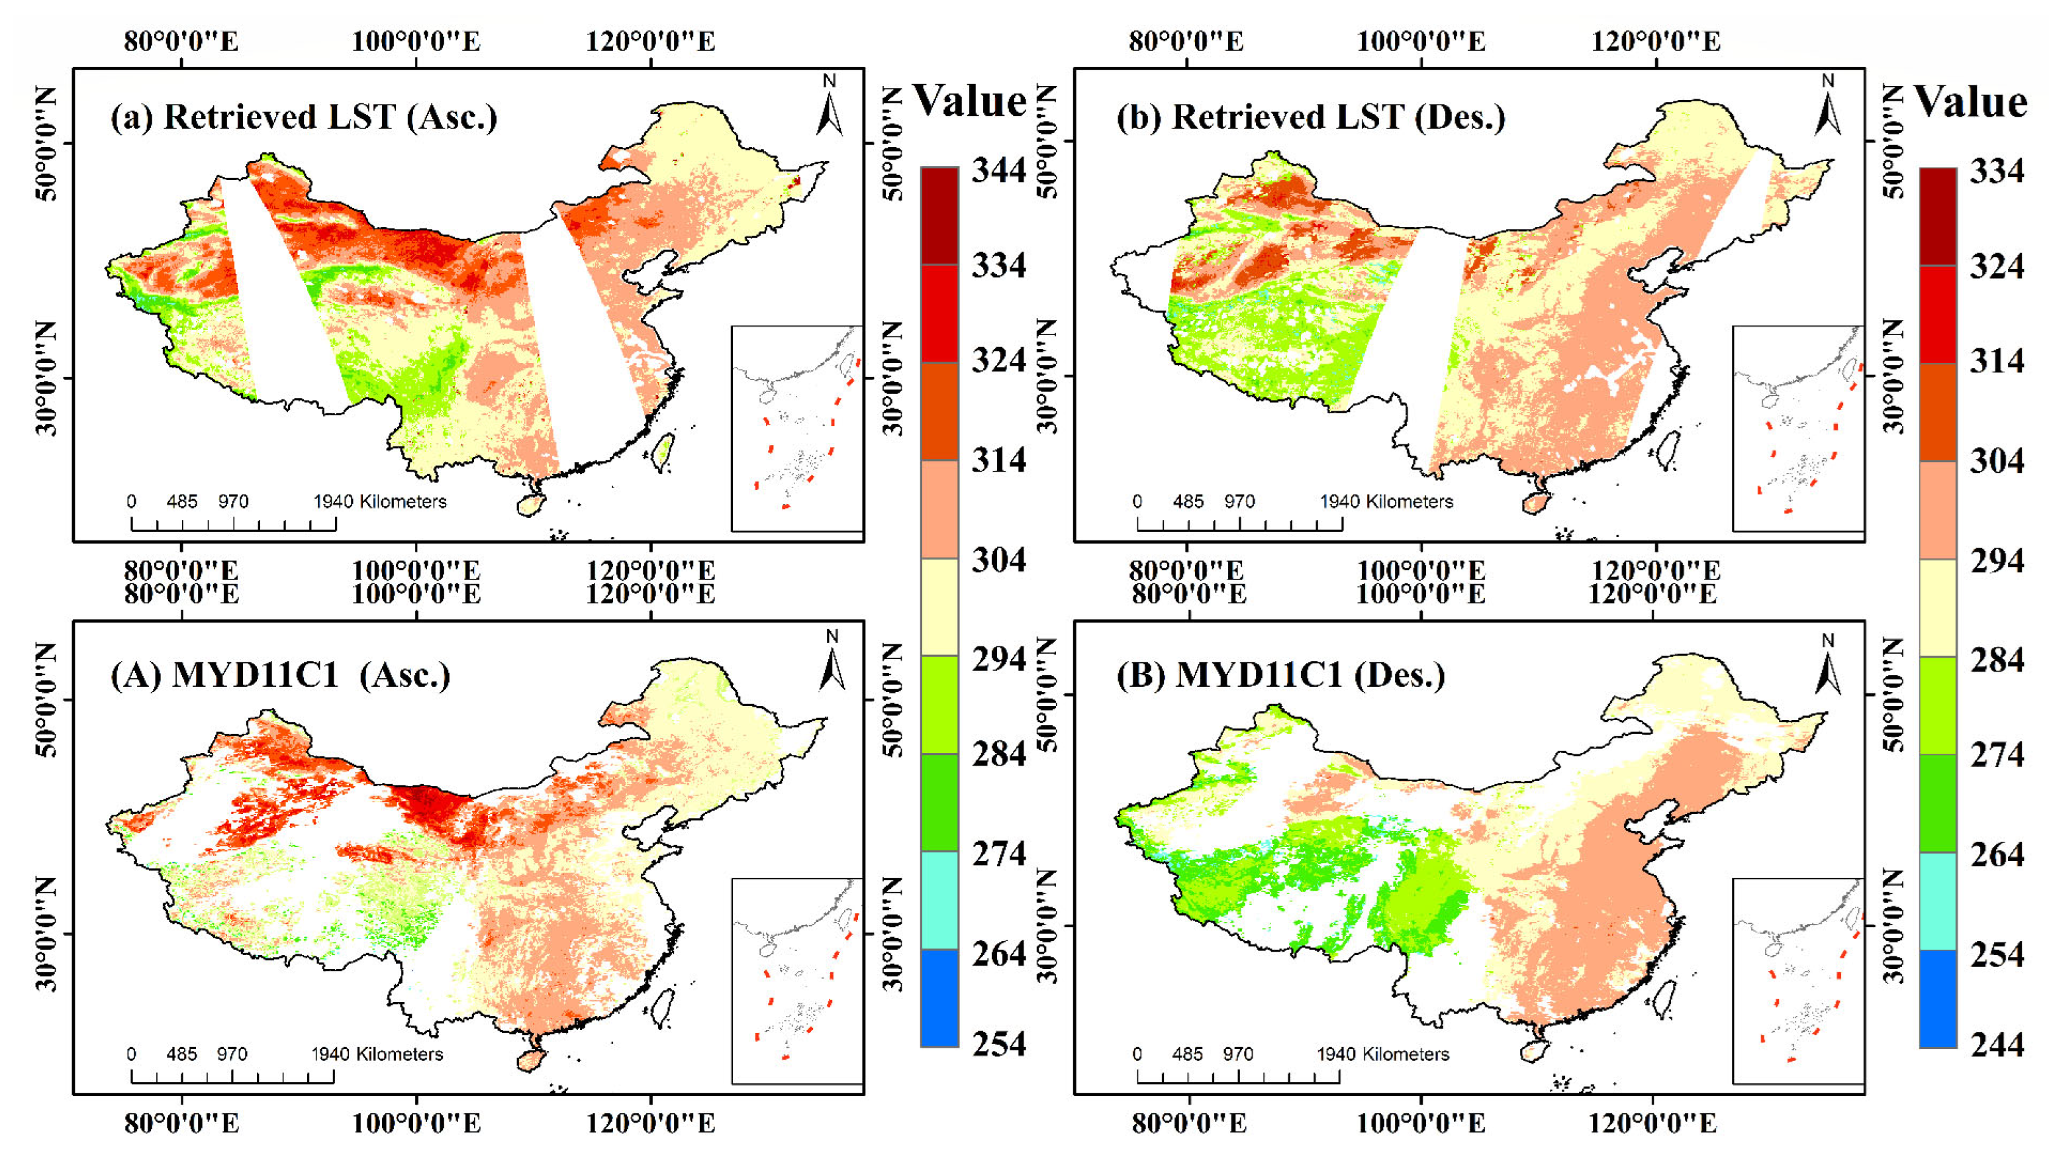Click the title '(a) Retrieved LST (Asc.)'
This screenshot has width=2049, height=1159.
pos(303,117)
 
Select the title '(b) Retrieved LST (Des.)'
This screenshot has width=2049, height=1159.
pos(1311,117)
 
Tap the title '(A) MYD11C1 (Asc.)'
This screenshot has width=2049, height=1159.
pos(280,675)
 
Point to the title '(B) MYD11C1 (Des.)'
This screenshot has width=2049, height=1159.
pos(1280,675)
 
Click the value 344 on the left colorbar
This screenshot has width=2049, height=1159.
pos(998,170)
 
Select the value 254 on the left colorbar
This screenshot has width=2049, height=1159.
pos(998,1044)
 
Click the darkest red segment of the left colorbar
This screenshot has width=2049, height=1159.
pos(939,216)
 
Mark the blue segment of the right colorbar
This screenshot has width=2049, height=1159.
pos(1938,998)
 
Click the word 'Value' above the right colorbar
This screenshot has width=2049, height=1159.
pos(1970,102)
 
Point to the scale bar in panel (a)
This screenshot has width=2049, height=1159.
pos(233,524)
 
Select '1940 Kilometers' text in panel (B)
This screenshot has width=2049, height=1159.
pos(1382,1054)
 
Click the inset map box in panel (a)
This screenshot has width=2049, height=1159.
pos(796,428)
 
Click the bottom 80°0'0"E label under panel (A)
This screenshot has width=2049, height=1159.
pos(181,1123)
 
